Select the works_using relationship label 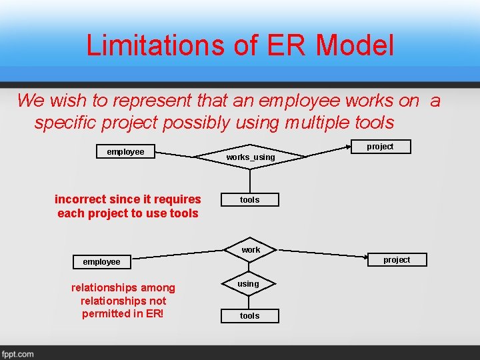[250, 157]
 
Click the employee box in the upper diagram [125, 152]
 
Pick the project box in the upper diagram [381, 147]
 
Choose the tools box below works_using [250, 200]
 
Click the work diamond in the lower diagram [251, 250]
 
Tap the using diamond [249, 284]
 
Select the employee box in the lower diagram [101, 262]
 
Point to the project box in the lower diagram [397, 260]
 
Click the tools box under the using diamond [250, 316]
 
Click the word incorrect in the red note [79, 199]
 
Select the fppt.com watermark [18, 353]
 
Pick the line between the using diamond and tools [249, 301]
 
